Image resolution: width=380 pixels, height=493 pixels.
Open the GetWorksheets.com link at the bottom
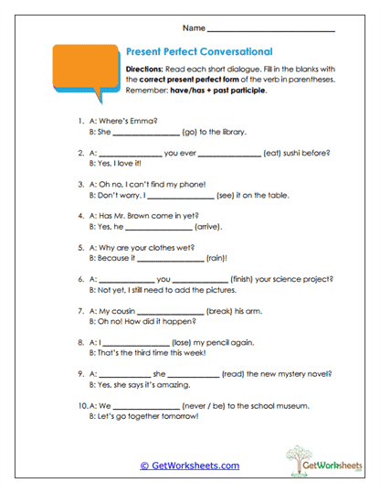coord(189,466)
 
